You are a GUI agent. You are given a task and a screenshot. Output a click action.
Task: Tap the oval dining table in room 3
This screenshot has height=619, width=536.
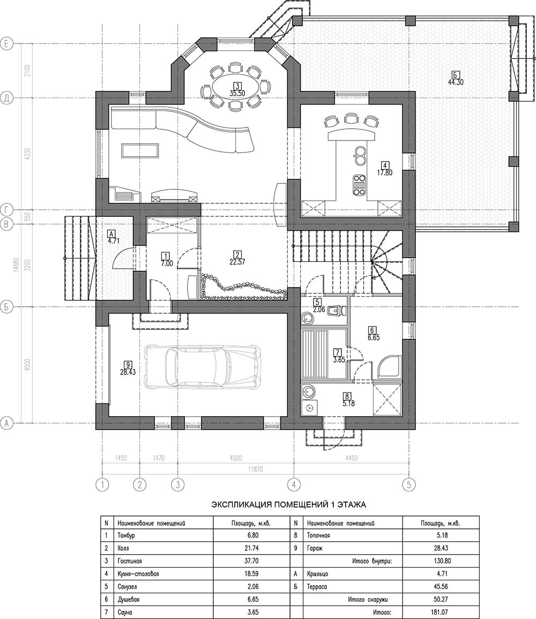pos(236,85)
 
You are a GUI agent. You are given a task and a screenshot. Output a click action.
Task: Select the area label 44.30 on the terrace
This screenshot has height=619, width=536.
pos(455,83)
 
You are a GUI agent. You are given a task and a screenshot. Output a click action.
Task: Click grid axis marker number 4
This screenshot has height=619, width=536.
pos(293,484)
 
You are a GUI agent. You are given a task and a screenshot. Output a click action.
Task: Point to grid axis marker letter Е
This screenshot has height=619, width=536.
pos(7,43)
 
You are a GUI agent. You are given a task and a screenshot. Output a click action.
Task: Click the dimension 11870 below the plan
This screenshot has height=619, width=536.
pos(255,470)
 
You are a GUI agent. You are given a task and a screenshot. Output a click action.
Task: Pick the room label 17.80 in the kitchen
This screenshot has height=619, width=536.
pos(384,173)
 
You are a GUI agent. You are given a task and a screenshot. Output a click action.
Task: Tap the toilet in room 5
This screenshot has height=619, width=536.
pos(336,312)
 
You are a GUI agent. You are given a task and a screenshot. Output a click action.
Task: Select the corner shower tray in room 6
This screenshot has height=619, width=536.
pos(389,369)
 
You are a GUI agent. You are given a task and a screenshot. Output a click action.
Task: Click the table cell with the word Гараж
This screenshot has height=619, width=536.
pos(314,548)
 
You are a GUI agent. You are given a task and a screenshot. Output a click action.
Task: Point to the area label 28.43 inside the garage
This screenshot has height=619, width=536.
pos(128,372)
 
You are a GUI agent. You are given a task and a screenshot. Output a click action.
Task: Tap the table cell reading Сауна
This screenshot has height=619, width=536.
pos(125,612)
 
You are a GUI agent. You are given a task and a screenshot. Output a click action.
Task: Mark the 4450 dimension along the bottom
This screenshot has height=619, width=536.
pos(351,458)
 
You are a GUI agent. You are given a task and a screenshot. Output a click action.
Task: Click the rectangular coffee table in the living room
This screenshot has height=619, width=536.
pos(140,151)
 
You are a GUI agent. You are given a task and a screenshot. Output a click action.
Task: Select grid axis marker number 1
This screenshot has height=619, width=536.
pos(102,484)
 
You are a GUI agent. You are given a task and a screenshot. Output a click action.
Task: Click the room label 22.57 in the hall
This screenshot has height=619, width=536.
pos(237,261)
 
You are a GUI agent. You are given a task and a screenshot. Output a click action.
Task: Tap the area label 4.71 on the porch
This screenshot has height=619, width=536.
pos(113,241)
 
